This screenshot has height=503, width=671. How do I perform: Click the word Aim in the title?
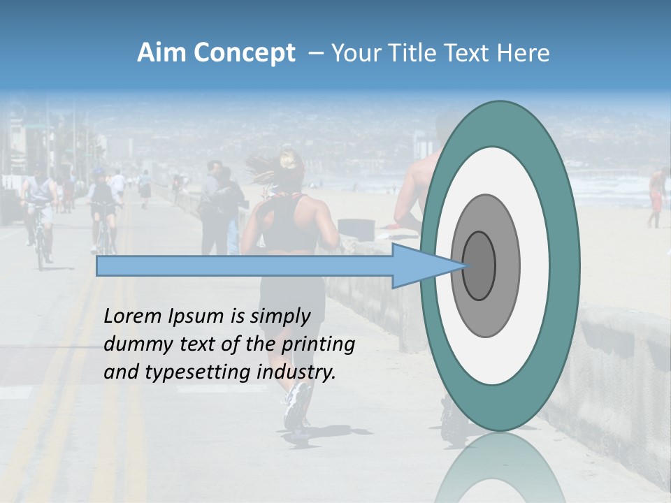[x=161, y=53]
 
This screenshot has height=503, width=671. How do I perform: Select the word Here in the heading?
[x=524, y=53]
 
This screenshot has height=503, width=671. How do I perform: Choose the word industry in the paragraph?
[x=296, y=372]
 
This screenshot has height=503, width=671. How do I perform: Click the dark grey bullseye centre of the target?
[x=479, y=265]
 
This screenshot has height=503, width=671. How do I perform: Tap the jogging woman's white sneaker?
[x=296, y=406]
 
